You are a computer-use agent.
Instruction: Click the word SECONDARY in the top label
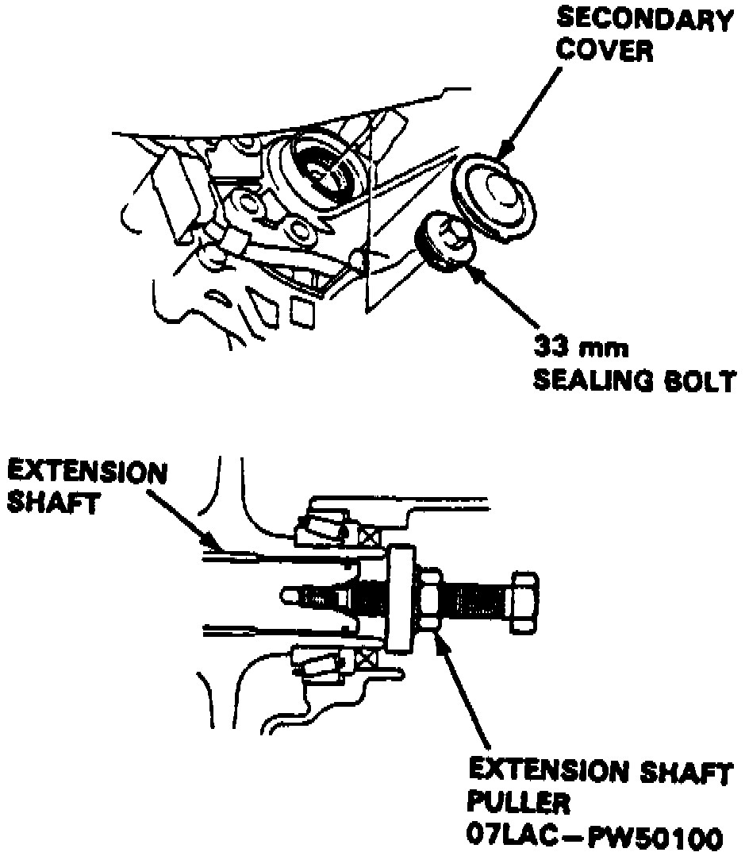point(643,20)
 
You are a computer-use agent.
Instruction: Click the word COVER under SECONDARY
point(603,50)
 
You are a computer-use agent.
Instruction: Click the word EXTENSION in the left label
point(87,473)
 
